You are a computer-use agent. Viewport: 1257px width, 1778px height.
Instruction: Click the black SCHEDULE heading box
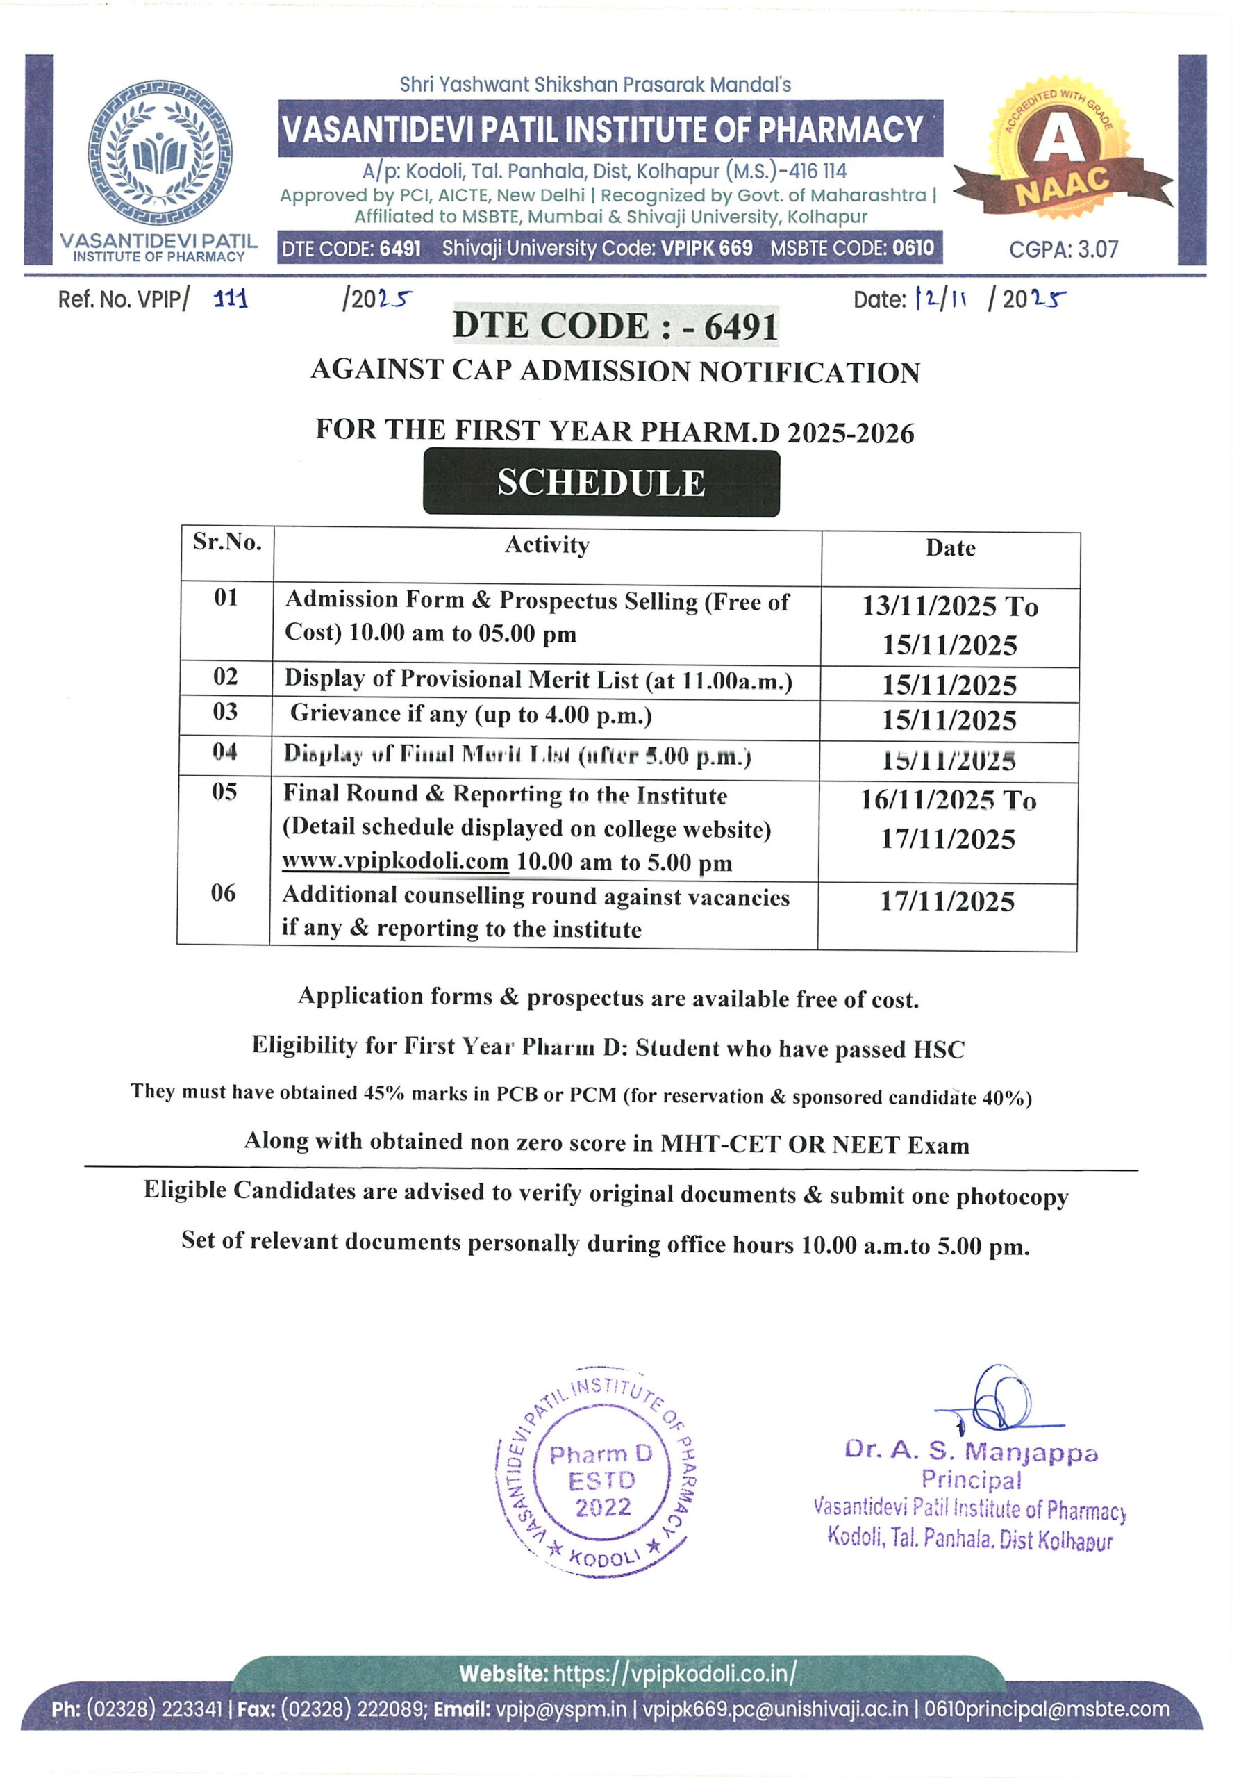tap(601, 483)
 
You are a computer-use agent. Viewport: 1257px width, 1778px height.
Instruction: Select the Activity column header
tap(547, 545)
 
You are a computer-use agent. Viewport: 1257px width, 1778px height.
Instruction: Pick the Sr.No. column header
tap(227, 542)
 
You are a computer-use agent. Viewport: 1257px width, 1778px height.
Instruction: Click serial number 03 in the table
tap(226, 712)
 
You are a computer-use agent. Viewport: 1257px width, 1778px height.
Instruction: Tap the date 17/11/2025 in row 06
tap(947, 902)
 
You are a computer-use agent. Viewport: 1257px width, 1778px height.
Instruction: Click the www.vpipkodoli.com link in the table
tap(395, 861)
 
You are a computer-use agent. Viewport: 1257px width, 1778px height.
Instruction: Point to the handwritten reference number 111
tap(231, 299)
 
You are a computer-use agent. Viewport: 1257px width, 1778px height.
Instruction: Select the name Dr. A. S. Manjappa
tap(971, 1450)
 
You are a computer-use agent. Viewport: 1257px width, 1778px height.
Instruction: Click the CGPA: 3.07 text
tap(1063, 249)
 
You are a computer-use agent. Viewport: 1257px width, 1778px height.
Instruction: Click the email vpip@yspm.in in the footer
tap(560, 1709)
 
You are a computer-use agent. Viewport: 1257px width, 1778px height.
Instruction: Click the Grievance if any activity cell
tap(471, 714)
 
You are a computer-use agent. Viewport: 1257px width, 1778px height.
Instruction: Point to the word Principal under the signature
tap(971, 1480)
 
